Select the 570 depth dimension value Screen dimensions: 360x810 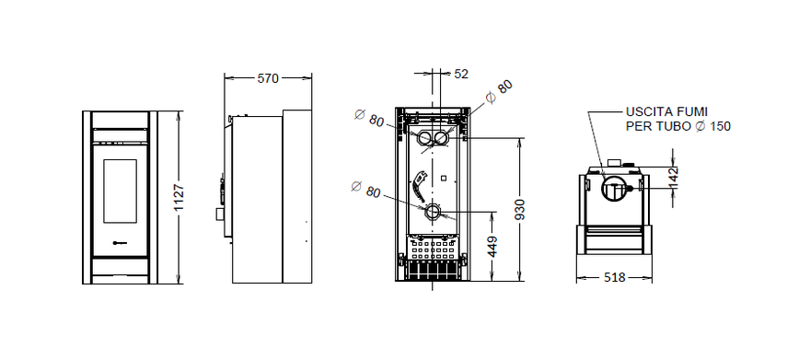click(x=267, y=79)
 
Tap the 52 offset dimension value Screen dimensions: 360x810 click(x=461, y=73)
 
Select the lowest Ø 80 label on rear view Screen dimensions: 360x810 click(x=365, y=191)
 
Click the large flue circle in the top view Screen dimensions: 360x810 click(x=613, y=190)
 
